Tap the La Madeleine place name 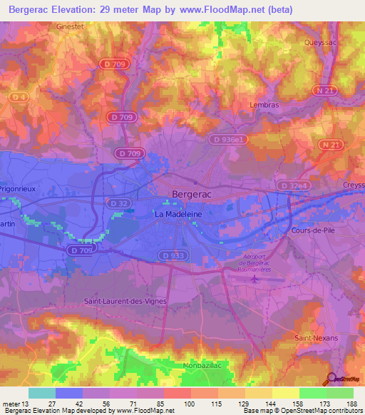[180, 213]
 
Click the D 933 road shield [173, 255]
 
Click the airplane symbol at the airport [256, 278]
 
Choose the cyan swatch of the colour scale [42, 393]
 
